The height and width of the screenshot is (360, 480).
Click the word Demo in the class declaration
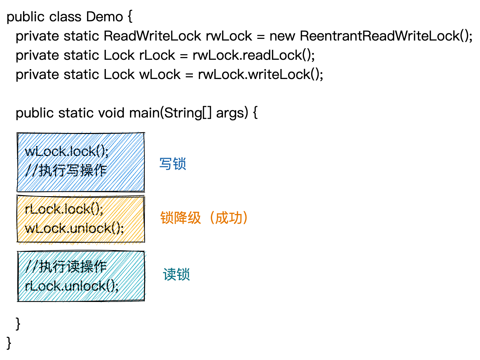105,16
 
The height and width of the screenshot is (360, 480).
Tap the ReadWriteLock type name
152,36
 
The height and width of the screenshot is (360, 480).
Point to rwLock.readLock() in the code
253,55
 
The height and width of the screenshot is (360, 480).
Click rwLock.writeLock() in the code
260,74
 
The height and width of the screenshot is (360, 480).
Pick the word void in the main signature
111,113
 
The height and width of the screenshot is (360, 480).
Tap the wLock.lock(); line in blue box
67,151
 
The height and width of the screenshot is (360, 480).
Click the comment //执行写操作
66,170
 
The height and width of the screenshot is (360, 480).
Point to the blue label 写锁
173,164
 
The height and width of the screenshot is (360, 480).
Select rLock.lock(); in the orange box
64,209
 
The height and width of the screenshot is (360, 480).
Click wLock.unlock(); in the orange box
74,228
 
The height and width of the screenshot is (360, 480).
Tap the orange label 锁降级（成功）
204,218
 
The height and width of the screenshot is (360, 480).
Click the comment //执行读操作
66,267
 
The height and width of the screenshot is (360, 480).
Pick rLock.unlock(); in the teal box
72,286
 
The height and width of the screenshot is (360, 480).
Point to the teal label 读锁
176,274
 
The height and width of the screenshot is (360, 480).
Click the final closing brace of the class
9,343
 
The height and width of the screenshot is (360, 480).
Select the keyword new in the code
282,36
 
